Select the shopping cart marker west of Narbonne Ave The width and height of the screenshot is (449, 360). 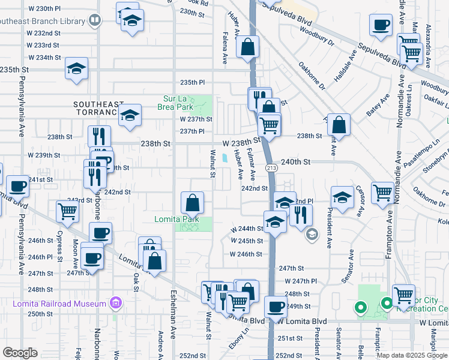click(x=67, y=211)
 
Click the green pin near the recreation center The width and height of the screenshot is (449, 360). click(x=360, y=308)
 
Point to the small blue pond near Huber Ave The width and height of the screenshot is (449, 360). click(x=224, y=158)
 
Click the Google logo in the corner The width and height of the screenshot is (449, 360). click(x=20, y=352)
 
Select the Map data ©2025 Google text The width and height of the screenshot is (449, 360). click(x=411, y=355)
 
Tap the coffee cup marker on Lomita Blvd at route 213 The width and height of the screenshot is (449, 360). click(x=275, y=307)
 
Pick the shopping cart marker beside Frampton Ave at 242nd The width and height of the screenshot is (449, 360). click(x=382, y=193)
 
